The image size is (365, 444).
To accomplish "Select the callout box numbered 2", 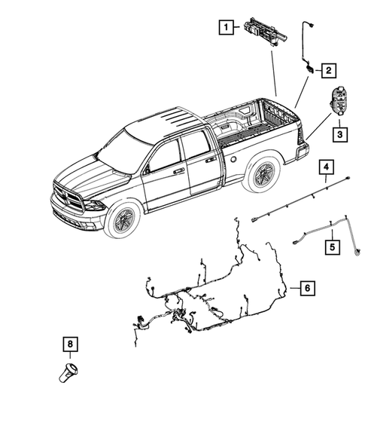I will (x=329, y=70).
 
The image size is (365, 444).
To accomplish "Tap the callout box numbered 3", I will (x=340, y=134).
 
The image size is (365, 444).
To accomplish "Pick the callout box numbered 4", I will (x=326, y=167).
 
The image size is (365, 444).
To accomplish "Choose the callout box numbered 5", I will (x=330, y=245).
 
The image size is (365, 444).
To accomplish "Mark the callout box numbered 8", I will (x=70, y=344).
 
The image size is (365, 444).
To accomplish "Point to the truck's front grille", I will (x=70, y=201).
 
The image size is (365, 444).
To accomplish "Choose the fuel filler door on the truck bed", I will (x=236, y=160).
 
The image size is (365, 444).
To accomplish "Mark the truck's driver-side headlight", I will (x=94, y=205).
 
